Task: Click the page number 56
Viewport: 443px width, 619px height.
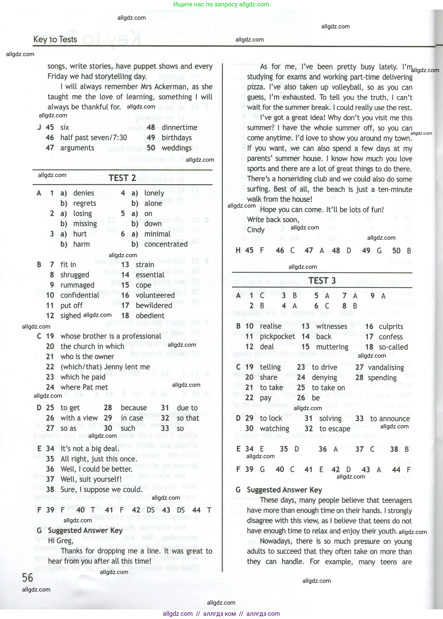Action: coord(27,578)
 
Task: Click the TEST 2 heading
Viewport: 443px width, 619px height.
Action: coord(122,178)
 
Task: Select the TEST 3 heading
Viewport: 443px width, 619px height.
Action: coord(322,281)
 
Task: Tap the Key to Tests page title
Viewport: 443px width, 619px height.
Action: coord(55,40)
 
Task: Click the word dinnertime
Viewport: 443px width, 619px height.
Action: coord(179,127)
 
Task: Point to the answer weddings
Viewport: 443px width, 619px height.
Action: coord(176,148)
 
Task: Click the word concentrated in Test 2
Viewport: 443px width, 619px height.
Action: coord(166,244)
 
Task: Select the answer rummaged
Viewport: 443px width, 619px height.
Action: coord(77,285)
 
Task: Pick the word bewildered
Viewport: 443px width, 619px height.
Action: coord(154,306)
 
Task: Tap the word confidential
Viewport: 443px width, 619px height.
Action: coord(80,295)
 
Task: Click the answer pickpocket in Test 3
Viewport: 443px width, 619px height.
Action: coord(277,337)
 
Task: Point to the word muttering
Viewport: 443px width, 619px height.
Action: coord(332,347)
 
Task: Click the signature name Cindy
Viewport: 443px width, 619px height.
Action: coord(256,230)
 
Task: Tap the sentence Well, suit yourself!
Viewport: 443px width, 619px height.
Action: coord(91,479)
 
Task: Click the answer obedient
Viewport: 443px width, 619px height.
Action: coord(150,316)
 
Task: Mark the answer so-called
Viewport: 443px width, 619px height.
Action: coord(393,347)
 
